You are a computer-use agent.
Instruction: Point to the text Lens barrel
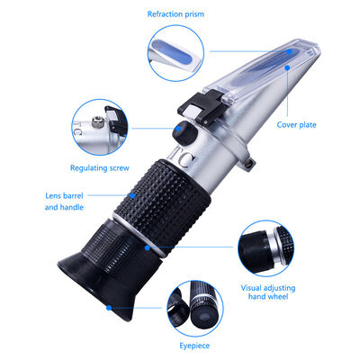pyautogui.click(x=65, y=194)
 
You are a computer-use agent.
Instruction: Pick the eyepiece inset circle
pyautogui.click(x=195, y=306)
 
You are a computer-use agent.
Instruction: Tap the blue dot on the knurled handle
pyautogui.click(x=131, y=192)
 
